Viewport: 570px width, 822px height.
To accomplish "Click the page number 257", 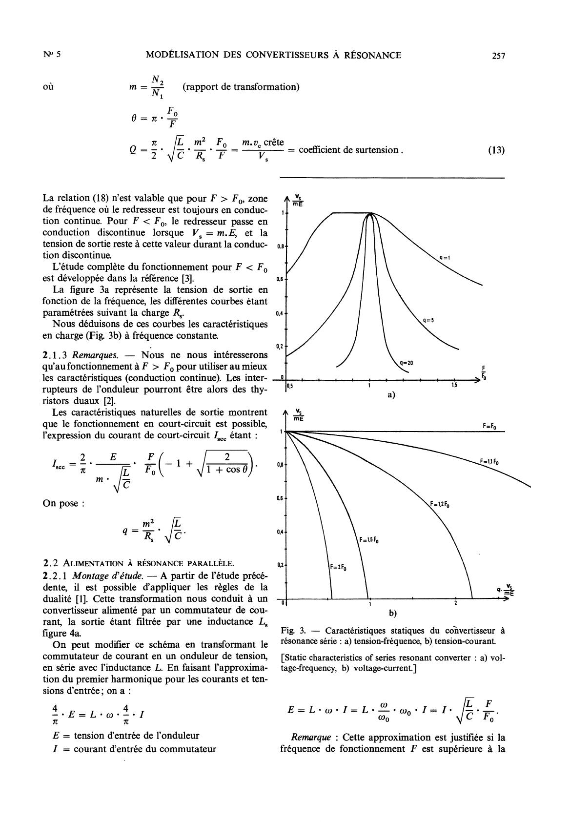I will [498, 56].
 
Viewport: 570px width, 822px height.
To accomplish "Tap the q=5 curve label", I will [428, 320].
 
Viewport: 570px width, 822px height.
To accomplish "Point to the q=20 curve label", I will [406, 363].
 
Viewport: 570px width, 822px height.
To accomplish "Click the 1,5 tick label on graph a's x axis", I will [455, 386].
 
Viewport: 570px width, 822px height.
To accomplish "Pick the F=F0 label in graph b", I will [489, 426].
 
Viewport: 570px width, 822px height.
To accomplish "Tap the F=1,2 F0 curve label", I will [440, 504].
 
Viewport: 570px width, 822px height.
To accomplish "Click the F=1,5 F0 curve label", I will [369, 540].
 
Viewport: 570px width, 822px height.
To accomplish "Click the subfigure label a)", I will [391, 395].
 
